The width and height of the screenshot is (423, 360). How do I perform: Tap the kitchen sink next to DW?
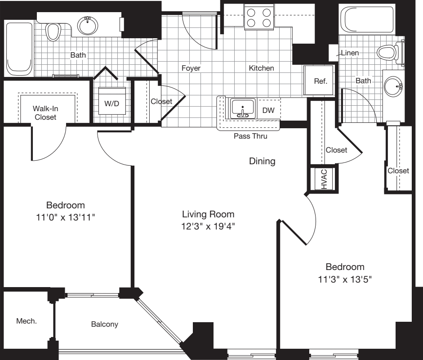[x=243, y=109]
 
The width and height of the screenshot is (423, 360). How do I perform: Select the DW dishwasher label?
[x=268, y=110]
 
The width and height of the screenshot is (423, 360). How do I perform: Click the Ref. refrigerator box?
[x=320, y=81]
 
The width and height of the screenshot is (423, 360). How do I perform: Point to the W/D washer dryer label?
[x=112, y=103]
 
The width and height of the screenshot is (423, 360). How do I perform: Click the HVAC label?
[x=324, y=179]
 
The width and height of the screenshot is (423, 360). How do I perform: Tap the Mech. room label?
[x=27, y=321]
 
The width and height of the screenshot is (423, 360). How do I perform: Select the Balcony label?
[x=104, y=324]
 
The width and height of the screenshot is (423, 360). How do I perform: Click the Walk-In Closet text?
[x=45, y=112]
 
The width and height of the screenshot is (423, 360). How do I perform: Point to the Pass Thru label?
[x=250, y=136]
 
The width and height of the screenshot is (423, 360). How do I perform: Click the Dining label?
[x=262, y=161]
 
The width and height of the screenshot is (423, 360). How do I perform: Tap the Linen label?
[x=350, y=53]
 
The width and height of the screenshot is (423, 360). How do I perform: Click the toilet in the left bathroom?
[x=53, y=31]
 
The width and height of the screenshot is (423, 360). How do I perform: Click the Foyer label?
[x=191, y=68]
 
